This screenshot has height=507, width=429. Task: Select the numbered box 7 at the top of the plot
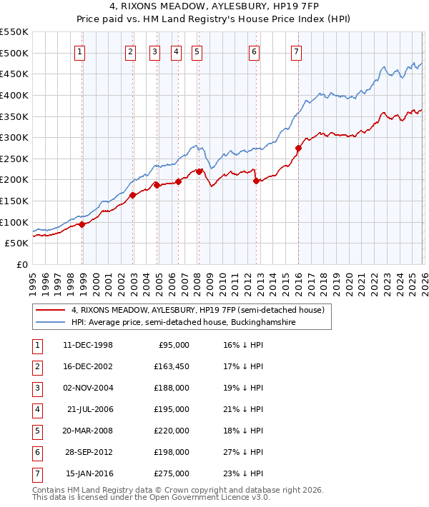pos(296,51)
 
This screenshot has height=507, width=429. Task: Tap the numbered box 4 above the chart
pos(176,51)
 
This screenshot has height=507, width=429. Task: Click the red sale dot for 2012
pos(256,181)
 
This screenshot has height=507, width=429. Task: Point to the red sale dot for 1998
pos(82,224)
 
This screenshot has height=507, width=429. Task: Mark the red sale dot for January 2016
pos(297,149)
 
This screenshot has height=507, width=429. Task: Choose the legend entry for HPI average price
pos(183,322)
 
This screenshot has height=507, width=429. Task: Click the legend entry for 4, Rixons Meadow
pos(197,310)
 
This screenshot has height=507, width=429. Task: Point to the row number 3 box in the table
pos(36,388)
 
